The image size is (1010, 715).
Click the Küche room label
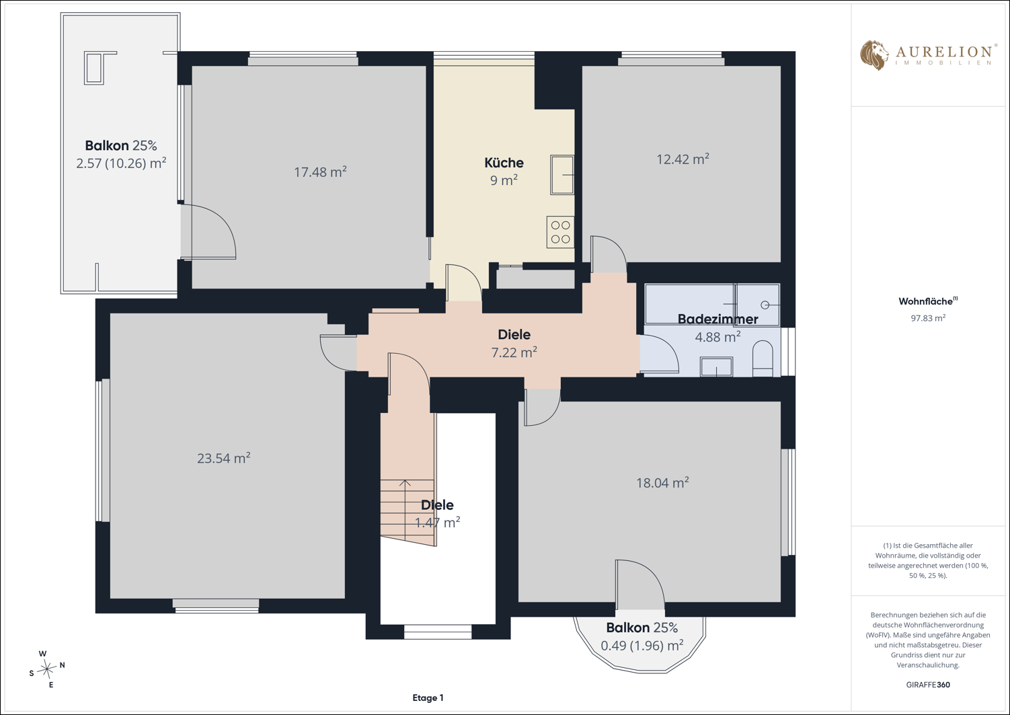(x=504, y=162)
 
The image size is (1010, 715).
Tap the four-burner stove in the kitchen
(x=560, y=232)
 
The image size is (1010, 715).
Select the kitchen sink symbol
(x=561, y=175)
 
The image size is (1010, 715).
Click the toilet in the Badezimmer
(x=763, y=359)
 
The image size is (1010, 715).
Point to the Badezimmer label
(x=717, y=319)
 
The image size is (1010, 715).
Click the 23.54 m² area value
(x=224, y=458)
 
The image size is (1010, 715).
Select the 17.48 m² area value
(x=320, y=172)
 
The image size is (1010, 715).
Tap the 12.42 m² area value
(x=683, y=159)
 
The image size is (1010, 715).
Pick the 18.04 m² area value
(x=662, y=483)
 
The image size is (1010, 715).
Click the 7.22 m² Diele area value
(x=514, y=352)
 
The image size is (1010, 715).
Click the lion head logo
(x=874, y=55)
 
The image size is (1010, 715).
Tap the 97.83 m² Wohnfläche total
(x=928, y=318)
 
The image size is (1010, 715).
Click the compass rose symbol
(x=47, y=669)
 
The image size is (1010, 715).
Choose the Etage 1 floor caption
(x=428, y=698)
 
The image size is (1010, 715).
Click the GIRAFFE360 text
(x=928, y=685)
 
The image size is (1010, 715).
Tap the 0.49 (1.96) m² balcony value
(x=642, y=646)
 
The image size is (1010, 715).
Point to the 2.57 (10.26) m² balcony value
(x=121, y=163)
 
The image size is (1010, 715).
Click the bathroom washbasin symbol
(x=716, y=367)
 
